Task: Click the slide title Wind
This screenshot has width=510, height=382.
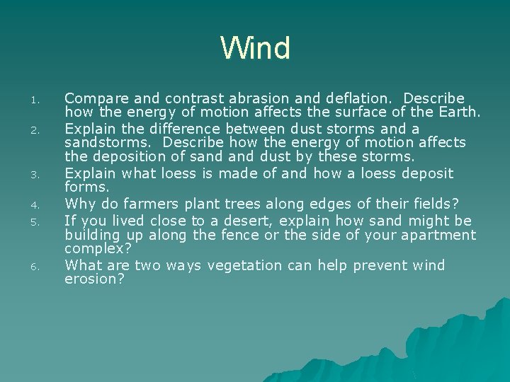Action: [255, 49]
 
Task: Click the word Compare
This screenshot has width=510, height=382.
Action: [92, 98]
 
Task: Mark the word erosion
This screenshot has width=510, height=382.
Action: [93, 279]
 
